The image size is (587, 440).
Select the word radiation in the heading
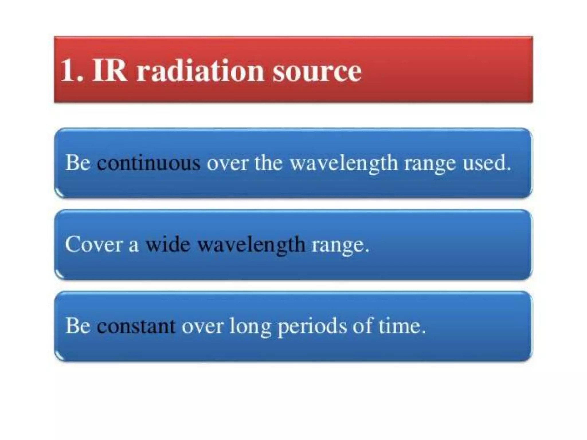[x=200, y=71]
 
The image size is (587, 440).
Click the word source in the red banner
[x=317, y=72]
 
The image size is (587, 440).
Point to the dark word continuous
[x=148, y=163]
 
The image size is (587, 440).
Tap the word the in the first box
[x=268, y=163]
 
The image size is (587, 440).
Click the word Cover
[x=94, y=245]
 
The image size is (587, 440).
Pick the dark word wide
[x=168, y=245]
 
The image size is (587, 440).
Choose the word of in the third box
[x=362, y=326]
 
